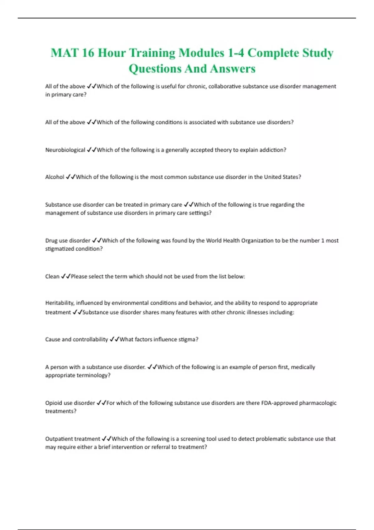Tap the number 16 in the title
[x=88, y=53]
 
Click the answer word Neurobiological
[x=65, y=150]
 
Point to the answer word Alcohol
[x=55, y=177]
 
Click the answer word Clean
[x=52, y=277]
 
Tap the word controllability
[x=90, y=340]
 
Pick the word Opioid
[x=53, y=403]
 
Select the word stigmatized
[x=58, y=249]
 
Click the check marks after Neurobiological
[x=91, y=150]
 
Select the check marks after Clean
[x=65, y=277]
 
